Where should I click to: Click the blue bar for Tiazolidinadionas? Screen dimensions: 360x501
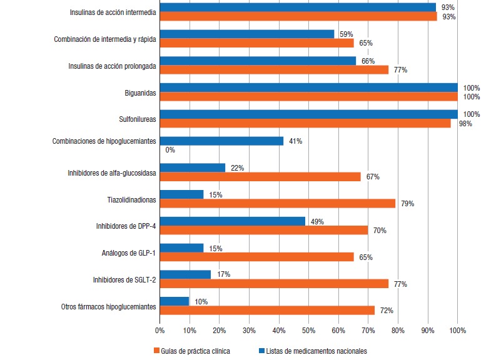point(181,194)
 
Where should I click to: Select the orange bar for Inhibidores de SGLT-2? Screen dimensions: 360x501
point(274,284)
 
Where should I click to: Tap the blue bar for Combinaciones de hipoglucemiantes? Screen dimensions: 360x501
point(221,141)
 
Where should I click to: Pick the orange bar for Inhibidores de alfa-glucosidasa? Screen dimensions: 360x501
point(260,177)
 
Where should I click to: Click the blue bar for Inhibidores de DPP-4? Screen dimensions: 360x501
point(233,221)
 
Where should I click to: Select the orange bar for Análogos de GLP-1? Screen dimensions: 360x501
point(256,257)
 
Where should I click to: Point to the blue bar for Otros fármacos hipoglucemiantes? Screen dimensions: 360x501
point(175,301)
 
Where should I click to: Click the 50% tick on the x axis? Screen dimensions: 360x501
point(308,329)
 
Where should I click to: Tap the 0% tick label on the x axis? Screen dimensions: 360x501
point(159,329)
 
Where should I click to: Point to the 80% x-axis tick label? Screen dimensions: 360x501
point(398,329)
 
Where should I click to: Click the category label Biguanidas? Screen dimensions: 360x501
point(140,93)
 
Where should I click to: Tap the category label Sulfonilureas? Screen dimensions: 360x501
point(137,119)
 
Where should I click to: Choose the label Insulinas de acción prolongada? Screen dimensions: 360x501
point(112,66)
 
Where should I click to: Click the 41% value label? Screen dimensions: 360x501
point(295,141)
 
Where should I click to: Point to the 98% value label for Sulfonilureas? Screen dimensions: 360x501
point(465,124)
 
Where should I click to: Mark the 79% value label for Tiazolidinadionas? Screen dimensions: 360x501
point(408,204)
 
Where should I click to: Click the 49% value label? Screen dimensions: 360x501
point(316,221)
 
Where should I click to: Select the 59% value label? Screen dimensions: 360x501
point(346,34)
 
